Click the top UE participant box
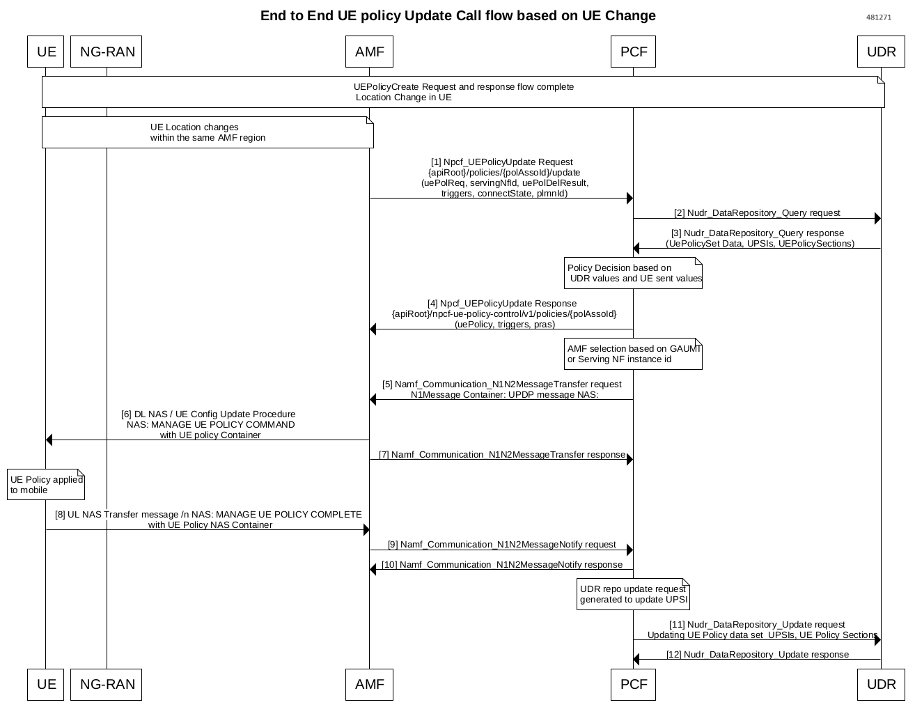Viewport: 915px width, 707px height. coord(46,52)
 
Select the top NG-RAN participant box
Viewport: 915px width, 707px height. coord(107,52)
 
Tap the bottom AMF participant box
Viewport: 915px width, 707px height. coord(369,684)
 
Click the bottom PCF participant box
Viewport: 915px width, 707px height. coord(633,684)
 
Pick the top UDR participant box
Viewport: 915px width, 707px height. coord(881,52)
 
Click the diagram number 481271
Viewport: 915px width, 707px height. coord(878,17)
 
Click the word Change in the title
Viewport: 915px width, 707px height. coord(630,15)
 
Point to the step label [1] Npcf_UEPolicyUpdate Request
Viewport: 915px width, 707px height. coord(501,162)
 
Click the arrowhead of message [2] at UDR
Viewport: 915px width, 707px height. coord(877,219)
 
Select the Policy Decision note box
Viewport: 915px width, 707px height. coord(633,273)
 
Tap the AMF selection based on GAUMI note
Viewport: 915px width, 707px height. coord(633,354)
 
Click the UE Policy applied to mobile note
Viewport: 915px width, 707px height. coord(46,485)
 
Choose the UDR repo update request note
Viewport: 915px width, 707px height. coord(633,594)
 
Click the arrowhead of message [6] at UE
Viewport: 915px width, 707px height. coord(49,440)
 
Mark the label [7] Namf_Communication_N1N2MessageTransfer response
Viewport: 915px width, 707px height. coord(501,454)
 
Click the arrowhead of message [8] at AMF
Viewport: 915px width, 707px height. coord(366,530)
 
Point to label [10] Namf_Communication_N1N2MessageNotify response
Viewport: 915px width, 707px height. coord(501,564)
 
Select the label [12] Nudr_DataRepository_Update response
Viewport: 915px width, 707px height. coord(757,654)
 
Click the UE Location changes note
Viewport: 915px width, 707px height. coord(208,132)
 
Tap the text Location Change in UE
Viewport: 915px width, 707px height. coord(404,98)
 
